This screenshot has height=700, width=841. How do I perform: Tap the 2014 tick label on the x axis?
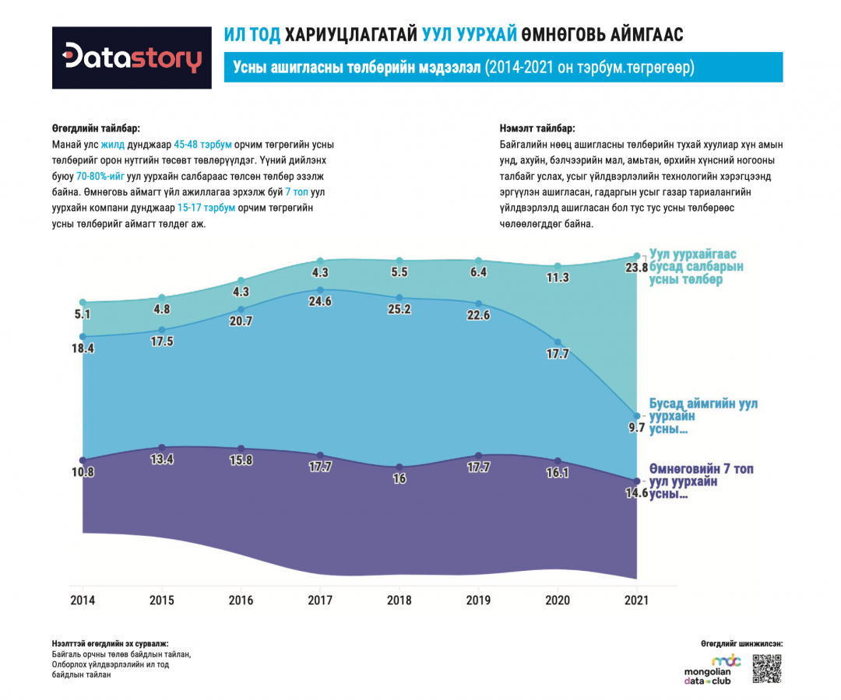(x=83, y=600)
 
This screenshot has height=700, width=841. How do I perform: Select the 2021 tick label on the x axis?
(x=637, y=600)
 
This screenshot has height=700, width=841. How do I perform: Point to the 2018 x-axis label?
(x=399, y=600)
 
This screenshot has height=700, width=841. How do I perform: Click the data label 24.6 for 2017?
(x=320, y=302)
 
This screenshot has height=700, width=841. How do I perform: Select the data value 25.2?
(x=399, y=309)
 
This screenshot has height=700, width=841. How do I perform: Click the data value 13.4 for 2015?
(x=162, y=459)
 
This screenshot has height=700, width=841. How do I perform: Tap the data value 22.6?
(x=478, y=315)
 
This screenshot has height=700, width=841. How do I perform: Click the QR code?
(x=767, y=669)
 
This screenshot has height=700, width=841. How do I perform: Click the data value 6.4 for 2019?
(x=478, y=272)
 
